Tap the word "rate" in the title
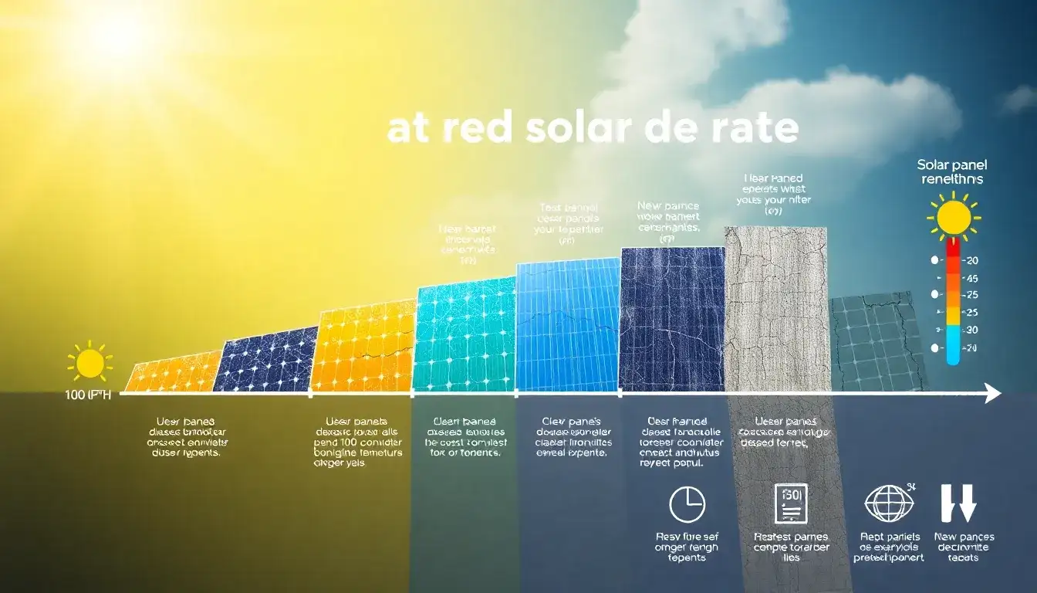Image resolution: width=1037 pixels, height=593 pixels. pyautogui.click(x=752, y=130)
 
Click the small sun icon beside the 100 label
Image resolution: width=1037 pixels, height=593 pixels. pyautogui.click(x=90, y=363)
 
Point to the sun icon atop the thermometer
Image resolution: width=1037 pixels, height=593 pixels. pyautogui.click(x=954, y=215)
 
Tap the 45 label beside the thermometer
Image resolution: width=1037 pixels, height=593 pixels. pyautogui.click(x=971, y=278)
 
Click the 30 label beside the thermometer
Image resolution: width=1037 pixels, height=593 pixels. pyautogui.click(x=971, y=330)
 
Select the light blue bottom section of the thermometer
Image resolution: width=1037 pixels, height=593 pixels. pyautogui.click(x=953, y=344)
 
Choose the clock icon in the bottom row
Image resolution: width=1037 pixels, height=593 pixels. pyautogui.click(x=687, y=506)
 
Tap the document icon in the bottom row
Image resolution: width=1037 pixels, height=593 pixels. pyautogui.click(x=790, y=503)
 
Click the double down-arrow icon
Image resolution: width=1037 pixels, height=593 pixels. pyautogui.click(x=959, y=503)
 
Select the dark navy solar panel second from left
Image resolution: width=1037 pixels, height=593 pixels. pyautogui.click(x=266, y=360)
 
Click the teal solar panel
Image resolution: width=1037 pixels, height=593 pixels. pyautogui.click(x=464, y=336)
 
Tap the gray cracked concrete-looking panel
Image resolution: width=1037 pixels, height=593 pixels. pyautogui.click(x=776, y=309)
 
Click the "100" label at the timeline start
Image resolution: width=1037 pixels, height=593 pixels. pyautogui.click(x=77, y=395)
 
